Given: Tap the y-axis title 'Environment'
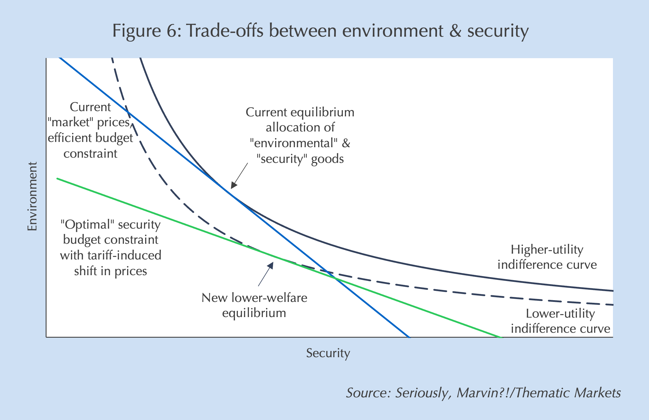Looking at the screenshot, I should [x=33, y=196].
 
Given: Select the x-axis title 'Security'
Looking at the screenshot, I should [x=328, y=353].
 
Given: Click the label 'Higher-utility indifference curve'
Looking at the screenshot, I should [x=547, y=257].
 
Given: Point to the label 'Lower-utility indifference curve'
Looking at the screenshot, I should [x=560, y=321].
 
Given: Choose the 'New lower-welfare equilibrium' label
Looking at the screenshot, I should [x=254, y=305].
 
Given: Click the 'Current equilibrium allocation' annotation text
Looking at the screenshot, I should [x=300, y=136].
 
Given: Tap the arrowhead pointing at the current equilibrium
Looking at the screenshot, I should [x=233, y=186].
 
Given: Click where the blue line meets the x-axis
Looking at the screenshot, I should [x=409, y=337].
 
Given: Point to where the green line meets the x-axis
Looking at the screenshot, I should [x=501, y=337].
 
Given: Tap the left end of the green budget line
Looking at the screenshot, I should [x=57, y=178].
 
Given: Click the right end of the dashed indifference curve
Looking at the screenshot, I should [x=612, y=305].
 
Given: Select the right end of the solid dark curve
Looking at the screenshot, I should [x=612, y=291].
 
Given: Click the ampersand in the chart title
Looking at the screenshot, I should [x=455, y=31].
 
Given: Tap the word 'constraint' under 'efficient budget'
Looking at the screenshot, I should [x=90, y=154].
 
